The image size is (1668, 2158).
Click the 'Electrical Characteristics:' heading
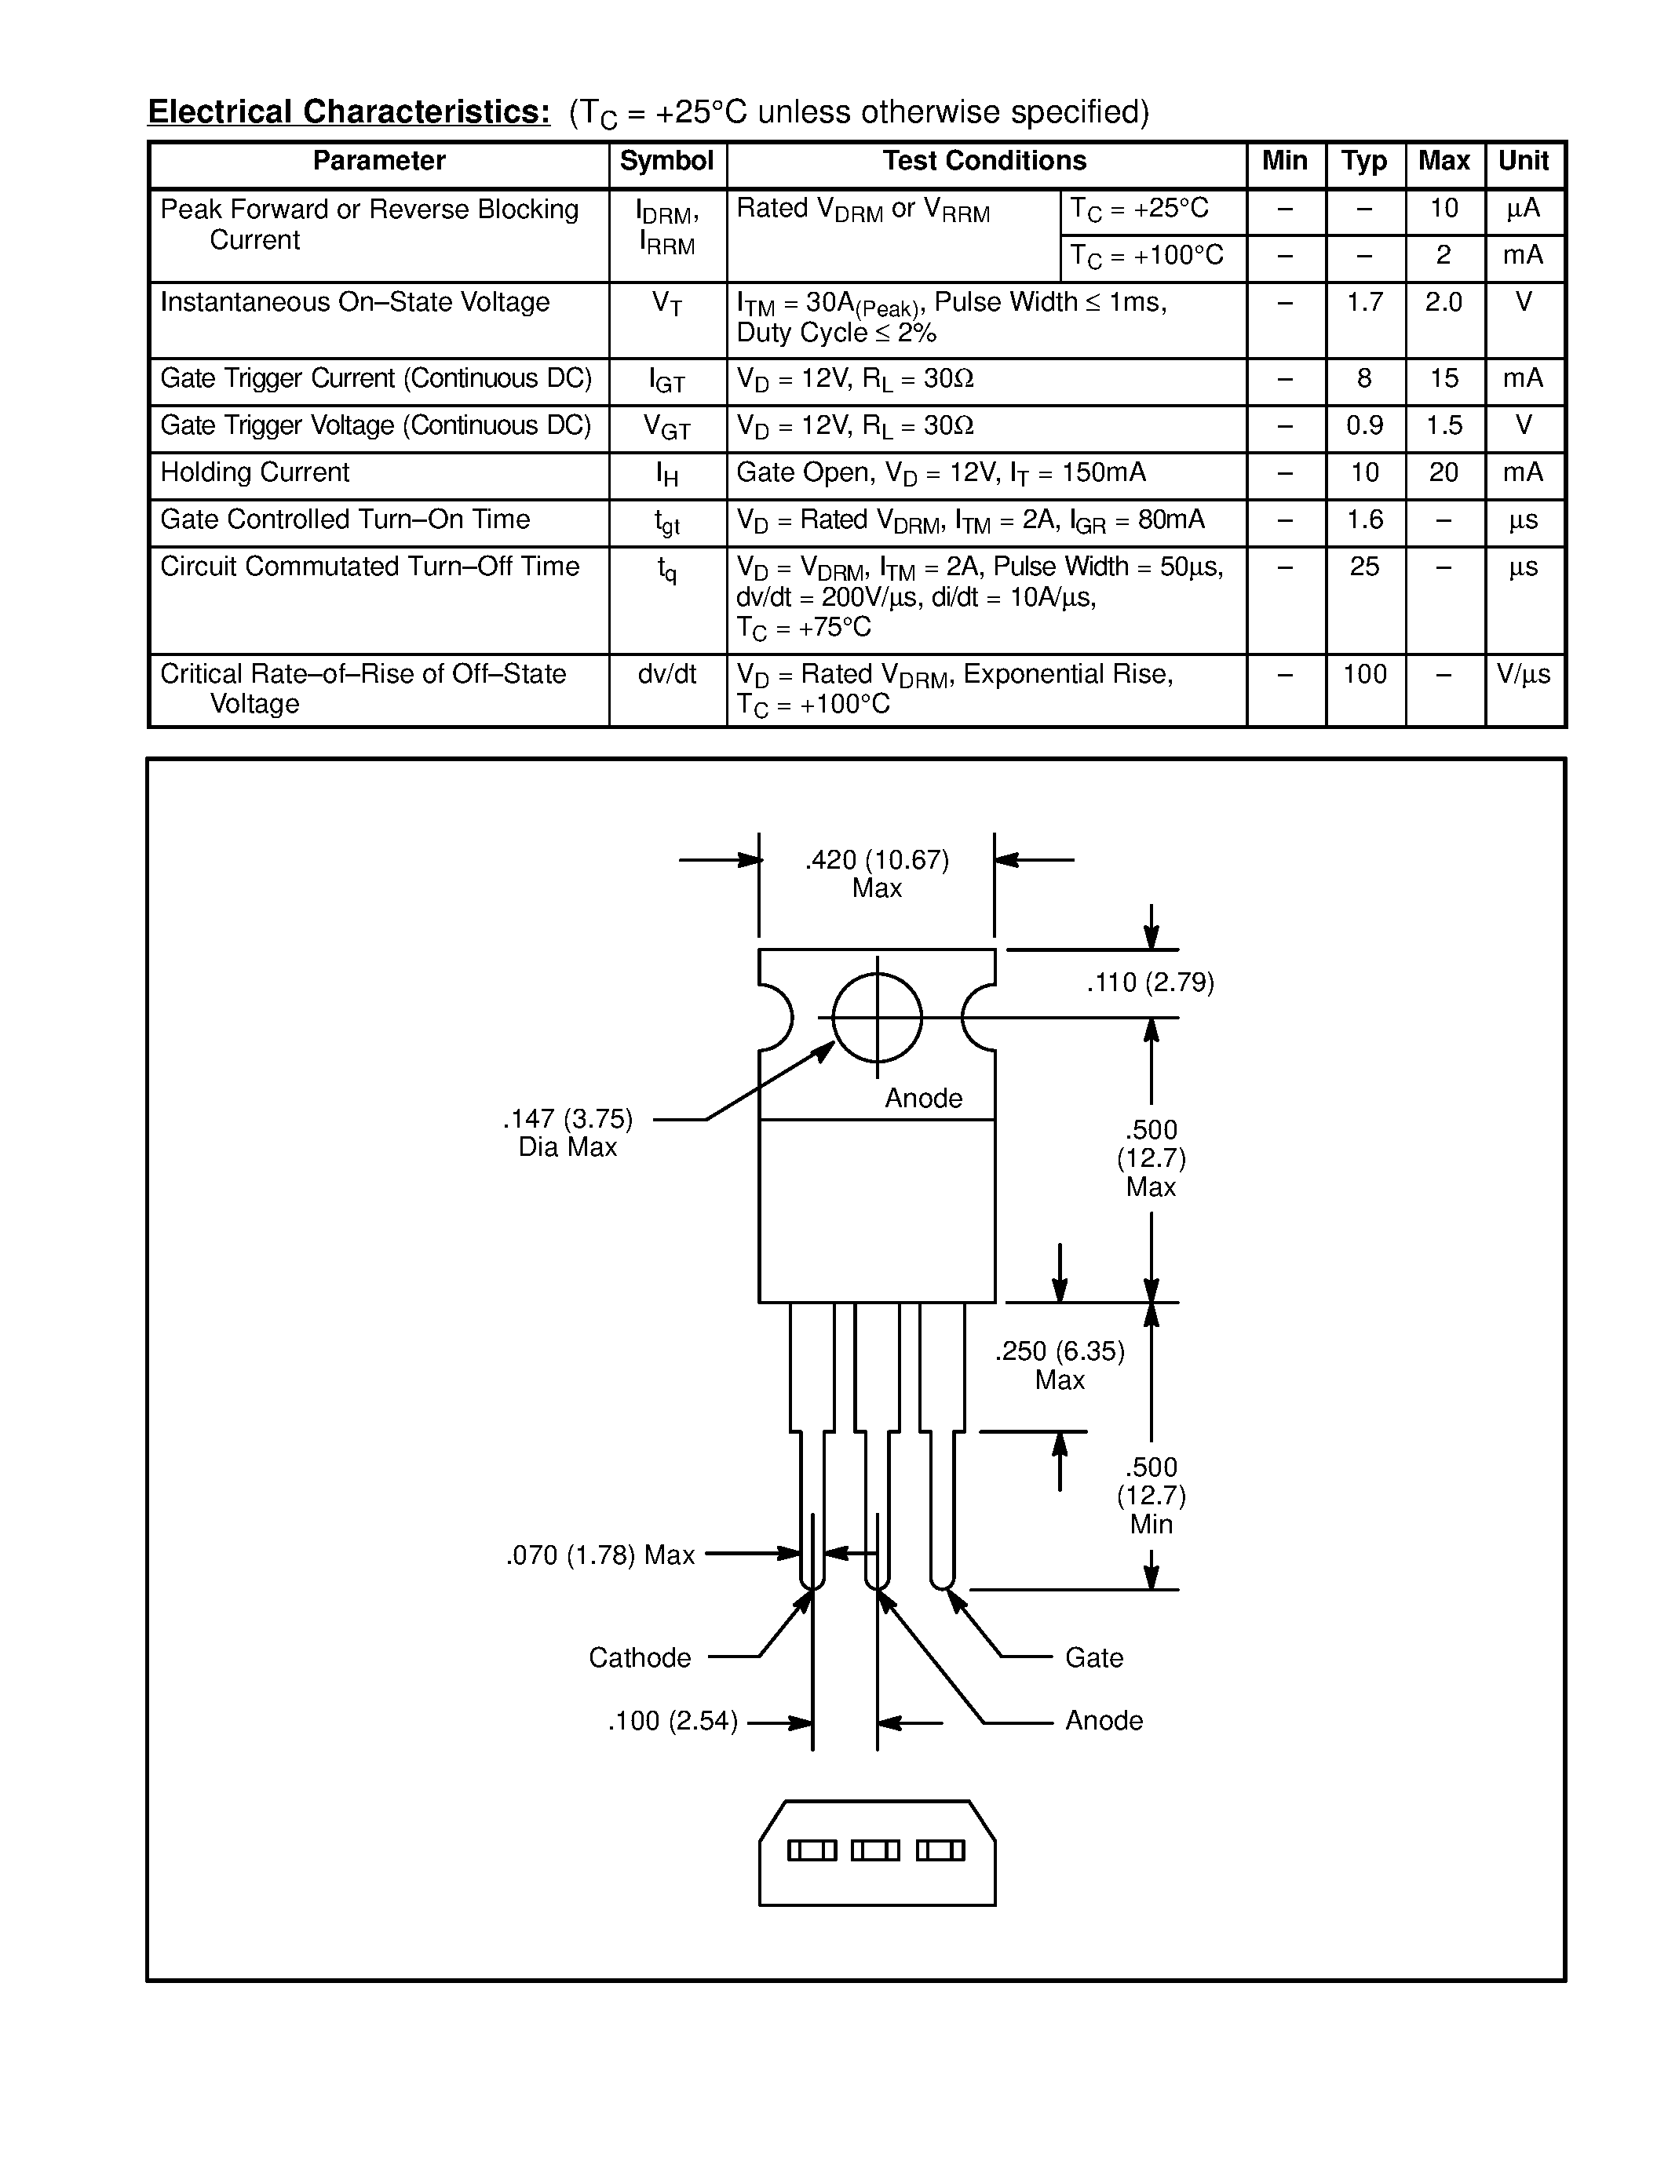click(349, 111)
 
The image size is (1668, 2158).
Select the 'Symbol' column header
click(667, 161)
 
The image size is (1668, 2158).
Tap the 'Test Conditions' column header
click(984, 161)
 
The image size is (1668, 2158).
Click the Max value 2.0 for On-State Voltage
click(1444, 302)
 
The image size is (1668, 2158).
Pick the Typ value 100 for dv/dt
click(1365, 674)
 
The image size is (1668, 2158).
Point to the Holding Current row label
click(255, 472)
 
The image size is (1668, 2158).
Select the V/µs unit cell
click(1524, 674)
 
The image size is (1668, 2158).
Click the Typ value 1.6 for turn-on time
click(1365, 519)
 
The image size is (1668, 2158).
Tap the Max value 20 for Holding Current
click(1444, 472)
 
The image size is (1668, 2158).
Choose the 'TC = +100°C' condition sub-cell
click(1148, 256)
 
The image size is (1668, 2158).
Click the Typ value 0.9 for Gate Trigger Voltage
click(1365, 426)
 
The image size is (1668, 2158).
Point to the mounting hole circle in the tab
click(878, 1017)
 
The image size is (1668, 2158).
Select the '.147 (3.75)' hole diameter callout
click(568, 1120)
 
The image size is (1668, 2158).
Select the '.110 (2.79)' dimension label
click(1150, 983)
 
